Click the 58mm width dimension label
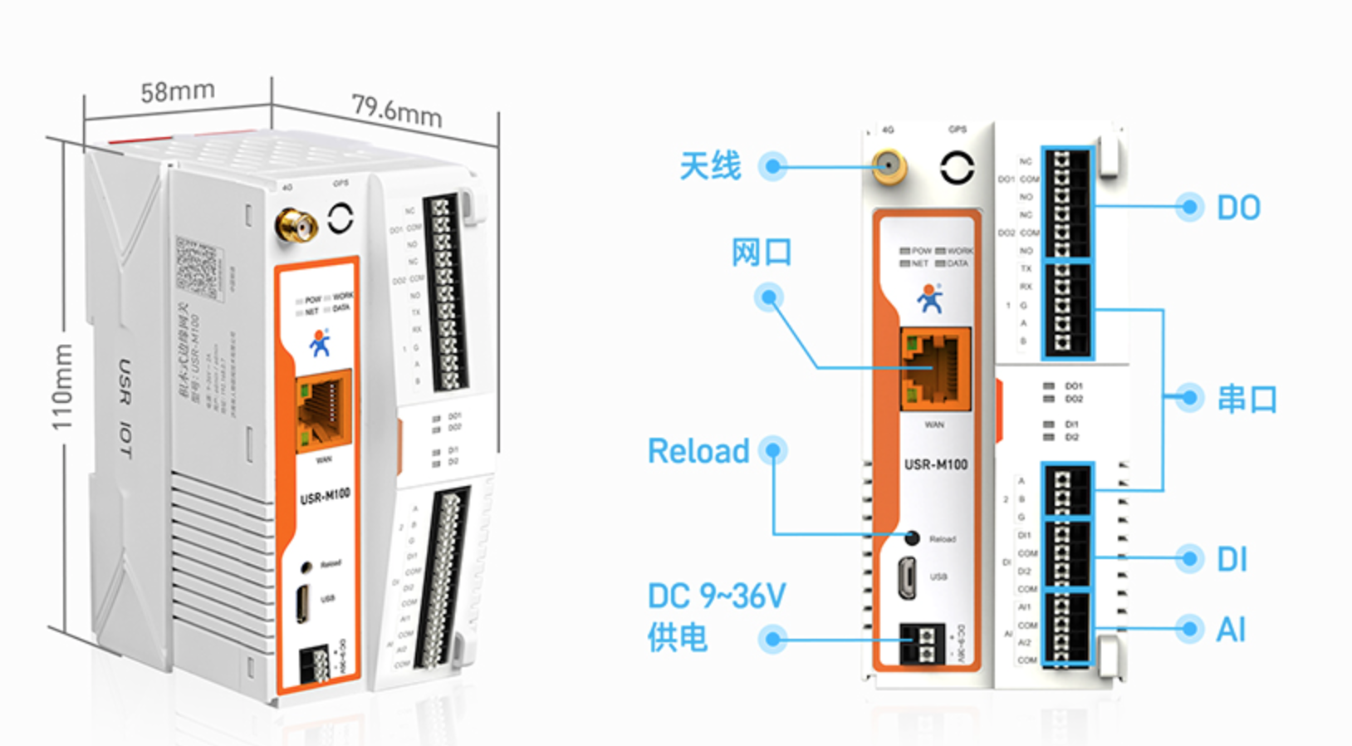(177, 91)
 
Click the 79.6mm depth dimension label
(396, 110)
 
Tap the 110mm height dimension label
(62, 387)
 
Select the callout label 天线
(709, 166)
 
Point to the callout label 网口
(761, 252)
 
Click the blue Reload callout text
(698, 451)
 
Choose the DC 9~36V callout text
(716, 596)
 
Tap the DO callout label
(1238, 208)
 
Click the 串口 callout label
(1247, 399)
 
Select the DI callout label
(1232, 560)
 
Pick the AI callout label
(1231, 630)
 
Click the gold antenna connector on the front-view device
(889, 168)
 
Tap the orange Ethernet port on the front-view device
(935, 369)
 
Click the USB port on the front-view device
(909, 577)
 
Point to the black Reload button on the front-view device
(912, 538)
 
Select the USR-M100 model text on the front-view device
(936, 464)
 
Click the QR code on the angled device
(198, 267)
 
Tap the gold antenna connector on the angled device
(296, 225)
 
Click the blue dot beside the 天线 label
(773, 167)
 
